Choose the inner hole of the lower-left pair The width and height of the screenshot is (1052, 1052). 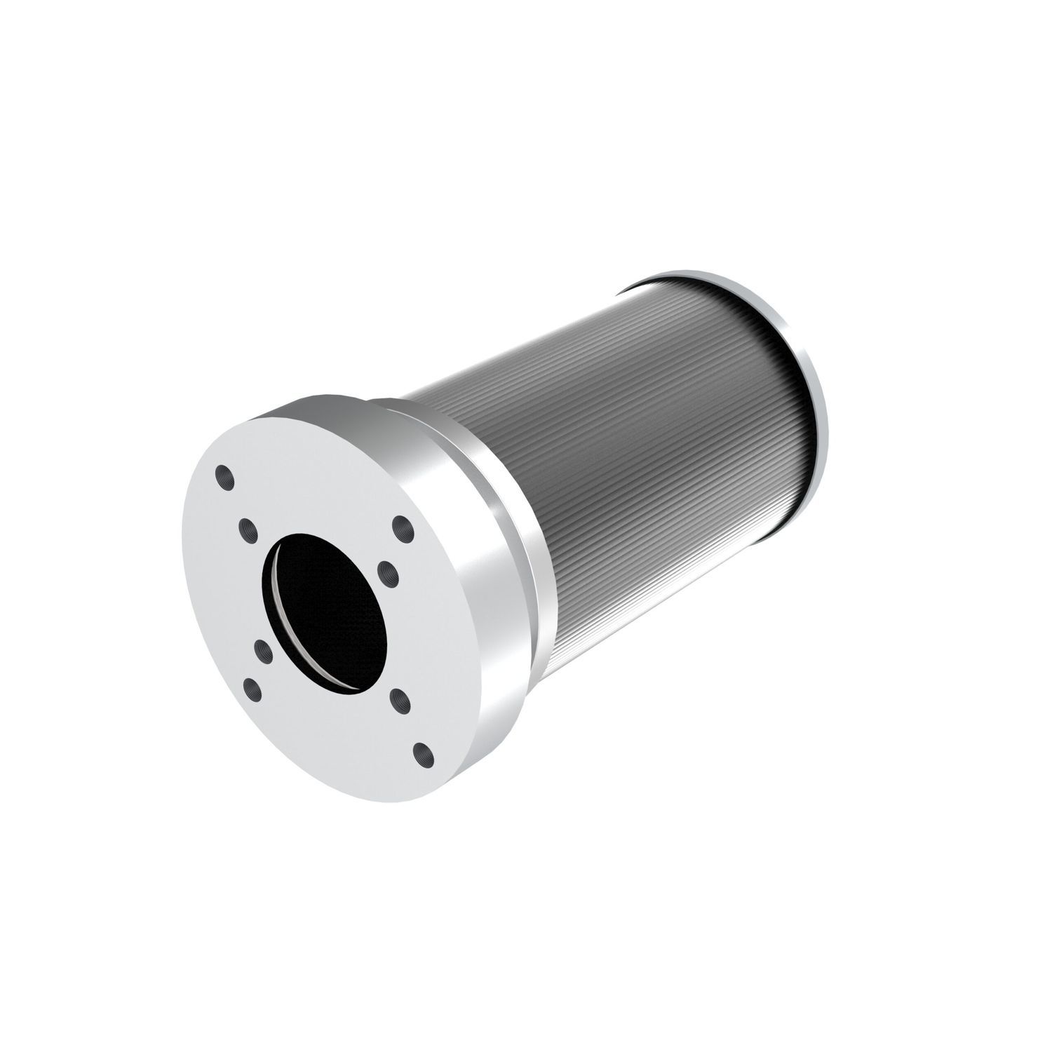(x=263, y=651)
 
